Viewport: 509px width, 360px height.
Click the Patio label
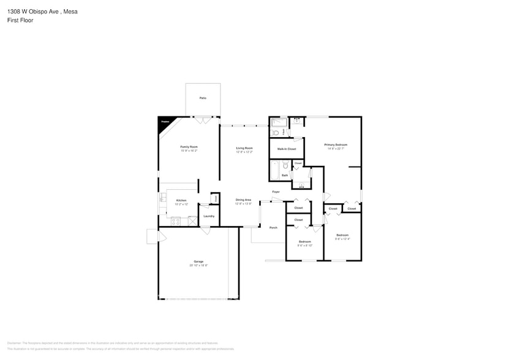[x=203, y=98]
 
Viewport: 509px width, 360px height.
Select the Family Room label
[x=189, y=147]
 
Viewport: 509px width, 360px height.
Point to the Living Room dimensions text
[x=244, y=152]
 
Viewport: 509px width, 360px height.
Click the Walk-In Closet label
[x=286, y=149]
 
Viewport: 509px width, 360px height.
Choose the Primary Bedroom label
[x=336, y=144]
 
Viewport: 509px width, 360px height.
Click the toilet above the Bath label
[x=285, y=165]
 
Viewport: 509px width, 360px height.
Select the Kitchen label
[x=181, y=200]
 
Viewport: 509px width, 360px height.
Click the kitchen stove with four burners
[x=176, y=221]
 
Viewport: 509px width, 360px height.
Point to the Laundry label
[x=208, y=216]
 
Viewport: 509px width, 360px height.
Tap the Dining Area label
[x=243, y=200]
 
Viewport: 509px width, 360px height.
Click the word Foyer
[x=276, y=192]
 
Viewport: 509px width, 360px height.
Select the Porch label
[x=273, y=227]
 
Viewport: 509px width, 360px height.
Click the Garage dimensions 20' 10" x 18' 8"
[x=198, y=265]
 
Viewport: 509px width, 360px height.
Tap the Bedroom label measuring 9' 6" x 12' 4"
[x=342, y=235]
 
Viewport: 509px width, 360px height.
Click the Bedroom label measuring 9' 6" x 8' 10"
[x=305, y=242]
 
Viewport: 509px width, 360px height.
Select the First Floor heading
[x=20, y=20]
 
